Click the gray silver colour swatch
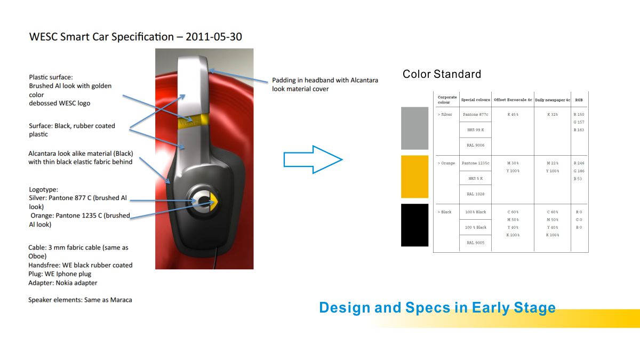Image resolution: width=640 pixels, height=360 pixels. pyautogui.click(x=414, y=129)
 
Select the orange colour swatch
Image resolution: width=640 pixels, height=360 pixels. pyautogui.click(x=414, y=177)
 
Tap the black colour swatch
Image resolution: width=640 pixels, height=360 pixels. pyautogui.click(x=414, y=225)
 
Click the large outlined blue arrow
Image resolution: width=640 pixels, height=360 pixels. pyautogui.click(x=313, y=159)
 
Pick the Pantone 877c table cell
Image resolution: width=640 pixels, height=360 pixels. pyautogui.click(x=475, y=115)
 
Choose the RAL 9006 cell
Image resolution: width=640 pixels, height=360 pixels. pyautogui.click(x=475, y=145)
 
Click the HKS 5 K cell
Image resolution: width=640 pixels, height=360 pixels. pyautogui.click(x=475, y=179)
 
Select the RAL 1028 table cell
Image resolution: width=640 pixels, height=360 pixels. pyautogui.click(x=475, y=194)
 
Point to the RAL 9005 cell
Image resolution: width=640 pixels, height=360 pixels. pyautogui.click(x=475, y=243)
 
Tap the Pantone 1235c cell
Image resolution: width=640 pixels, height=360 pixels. pyautogui.click(x=475, y=163)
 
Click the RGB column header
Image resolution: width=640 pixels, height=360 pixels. pyautogui.click(x=579, y=100)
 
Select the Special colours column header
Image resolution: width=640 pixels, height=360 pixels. pyautogui.click(x=475, y=100)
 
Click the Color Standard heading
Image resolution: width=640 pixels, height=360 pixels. pyautogui.click(x=442, y=74)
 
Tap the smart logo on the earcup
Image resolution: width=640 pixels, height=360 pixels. pyautogui.click(x=204, y=202)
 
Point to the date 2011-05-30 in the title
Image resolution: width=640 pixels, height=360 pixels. pyautogui.click(x=214, y=37)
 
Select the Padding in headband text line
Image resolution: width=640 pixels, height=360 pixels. pyautogui.click(x=325, y=81)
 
